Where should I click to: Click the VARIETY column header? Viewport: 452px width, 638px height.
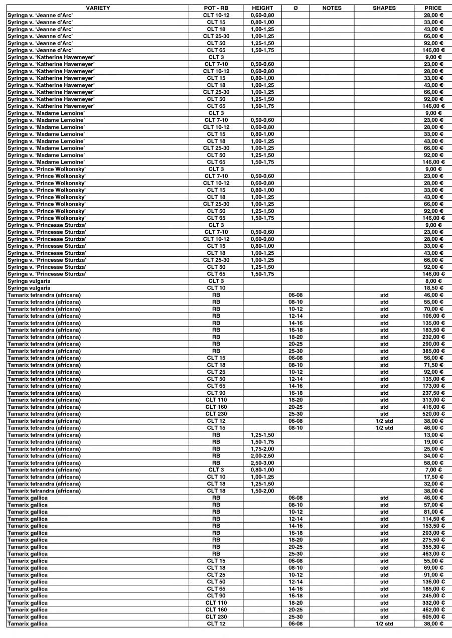(x=98, y=8)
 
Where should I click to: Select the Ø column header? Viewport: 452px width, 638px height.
(x=295, y=8)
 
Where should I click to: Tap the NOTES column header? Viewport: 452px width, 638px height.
(x=332, y=8)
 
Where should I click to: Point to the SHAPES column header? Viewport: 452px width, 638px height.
(x=384, y=8)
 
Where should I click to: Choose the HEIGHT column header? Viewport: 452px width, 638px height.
(x=262, y=8)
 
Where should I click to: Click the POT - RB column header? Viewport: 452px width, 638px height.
(x=216, y=8)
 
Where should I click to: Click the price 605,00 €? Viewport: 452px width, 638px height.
(x=433, y=617)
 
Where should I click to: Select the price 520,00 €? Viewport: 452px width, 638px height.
(x=433, y=414)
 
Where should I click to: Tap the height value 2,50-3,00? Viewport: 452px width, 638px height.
(x=262, y=463)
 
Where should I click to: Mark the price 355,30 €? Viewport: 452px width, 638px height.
(x=433, y=547)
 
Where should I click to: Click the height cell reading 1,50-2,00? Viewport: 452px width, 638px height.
(x=262, y=491)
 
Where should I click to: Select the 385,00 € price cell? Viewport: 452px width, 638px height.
(x=433, y=351)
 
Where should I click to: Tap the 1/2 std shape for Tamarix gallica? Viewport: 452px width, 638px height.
(x=384, y=624)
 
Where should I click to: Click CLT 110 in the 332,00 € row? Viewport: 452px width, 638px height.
(x=216, y=603)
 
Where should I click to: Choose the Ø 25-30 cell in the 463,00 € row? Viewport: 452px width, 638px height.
(x=295, y=554)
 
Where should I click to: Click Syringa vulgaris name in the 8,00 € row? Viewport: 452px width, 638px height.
(x=29, y=281)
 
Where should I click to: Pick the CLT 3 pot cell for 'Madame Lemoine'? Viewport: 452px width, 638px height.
(x=216, y=113)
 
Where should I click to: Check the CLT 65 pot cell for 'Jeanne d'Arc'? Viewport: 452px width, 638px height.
(x=216, y=50)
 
